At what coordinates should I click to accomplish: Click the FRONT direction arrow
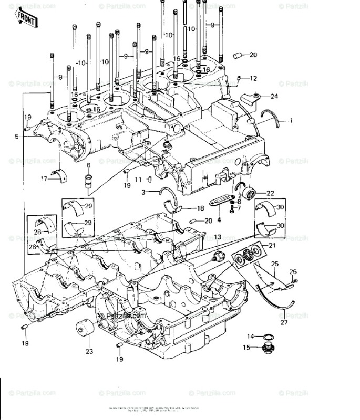[27, 19]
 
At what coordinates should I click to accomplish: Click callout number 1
[290, 120]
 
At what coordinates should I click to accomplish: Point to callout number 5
[17, 137]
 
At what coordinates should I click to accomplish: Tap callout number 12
[253, 79]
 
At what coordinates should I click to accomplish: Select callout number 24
[274, 96]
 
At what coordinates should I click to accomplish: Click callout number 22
[270, 193]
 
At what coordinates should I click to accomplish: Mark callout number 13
[218, 238]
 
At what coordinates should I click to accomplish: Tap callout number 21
[272, 245]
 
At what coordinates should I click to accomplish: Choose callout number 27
[284, 323]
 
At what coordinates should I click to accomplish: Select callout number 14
[251, 336]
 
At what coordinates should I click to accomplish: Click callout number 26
[293, 271]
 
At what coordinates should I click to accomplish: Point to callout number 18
[200, 208]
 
